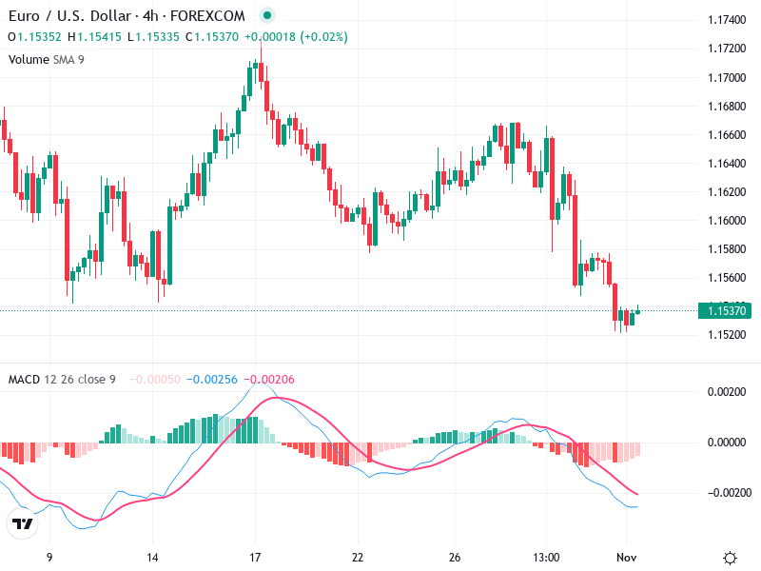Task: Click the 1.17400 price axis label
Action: click(727, 20)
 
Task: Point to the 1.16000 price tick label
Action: click(727, 221)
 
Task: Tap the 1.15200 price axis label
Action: click(727, 335)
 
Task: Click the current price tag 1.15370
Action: click(726, 310)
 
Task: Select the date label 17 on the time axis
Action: click(255, 557)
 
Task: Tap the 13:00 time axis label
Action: click(546, 557)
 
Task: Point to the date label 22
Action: click(358, 557)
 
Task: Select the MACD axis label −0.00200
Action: click(725, 493)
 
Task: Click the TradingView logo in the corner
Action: click(23, 524)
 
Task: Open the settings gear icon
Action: click(730, 558)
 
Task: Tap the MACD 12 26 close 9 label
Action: click(62, 380)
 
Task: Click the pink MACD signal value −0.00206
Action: click(270, 380)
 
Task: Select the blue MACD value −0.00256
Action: click(212, 380)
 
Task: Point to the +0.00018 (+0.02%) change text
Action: click(296, 37)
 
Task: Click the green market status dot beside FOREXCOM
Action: click(267, 16)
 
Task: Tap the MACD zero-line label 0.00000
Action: click(727, 443)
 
